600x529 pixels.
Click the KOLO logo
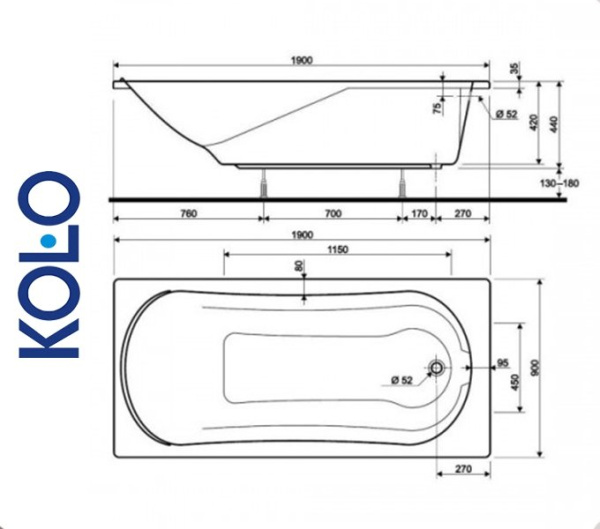click(x=50, y=265)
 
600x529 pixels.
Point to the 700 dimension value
click(x=333, y=214)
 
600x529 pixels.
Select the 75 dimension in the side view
click(x=437, y=108)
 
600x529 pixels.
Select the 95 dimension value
click(x=503, y=362)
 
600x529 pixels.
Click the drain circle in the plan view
click(x=437, y=368)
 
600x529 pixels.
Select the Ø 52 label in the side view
click(x=505, y=114)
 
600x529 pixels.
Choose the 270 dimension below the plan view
click(x=463, y=467)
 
